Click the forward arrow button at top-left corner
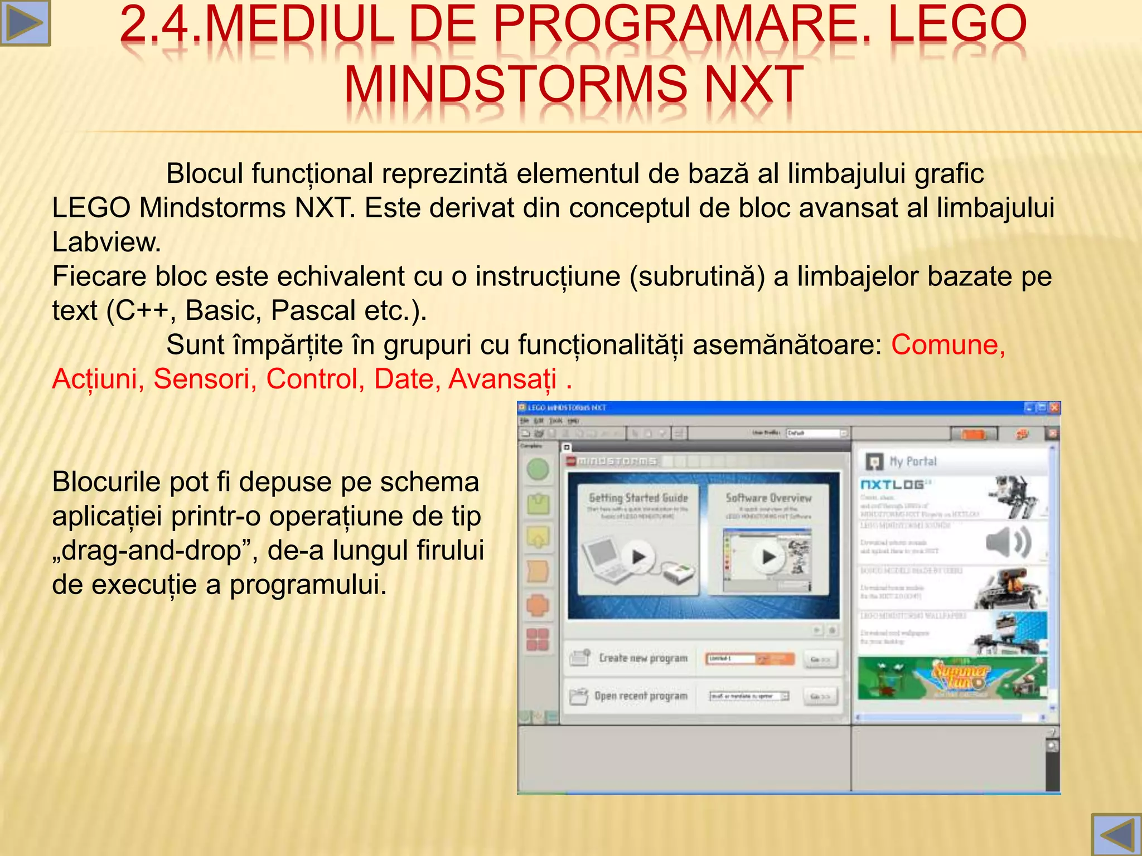pos(25,22)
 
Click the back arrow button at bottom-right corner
pos(1117,835)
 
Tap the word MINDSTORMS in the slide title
pos(515,85)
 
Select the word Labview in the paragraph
pos(106,242)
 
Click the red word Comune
pos(947,344)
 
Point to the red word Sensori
pos(205,379)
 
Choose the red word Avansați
pos(502,379)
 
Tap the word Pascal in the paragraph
pos(313,310)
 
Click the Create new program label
pos(643,658)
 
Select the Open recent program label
pos(641,696)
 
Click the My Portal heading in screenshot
pos(913,461)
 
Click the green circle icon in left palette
pos(538,470)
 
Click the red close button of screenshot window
pos(1054,408)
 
